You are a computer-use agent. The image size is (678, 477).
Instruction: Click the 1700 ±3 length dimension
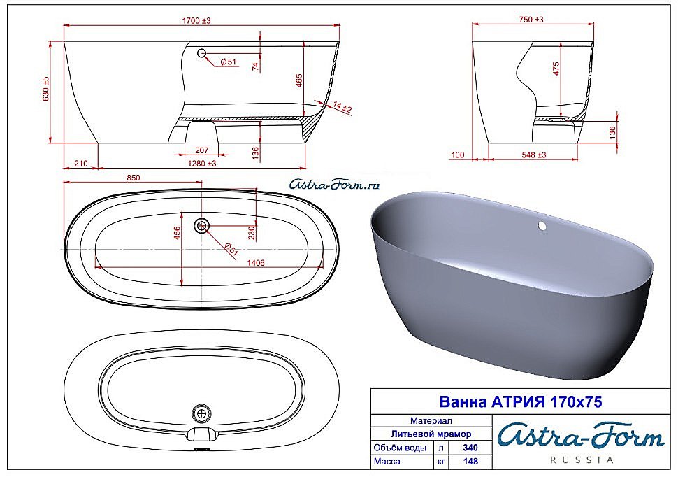coord(196,21)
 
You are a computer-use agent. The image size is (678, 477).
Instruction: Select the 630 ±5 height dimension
coord(46,89)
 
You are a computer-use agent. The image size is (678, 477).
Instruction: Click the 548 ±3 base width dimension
coord(533,155)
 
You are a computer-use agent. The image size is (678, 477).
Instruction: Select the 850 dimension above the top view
coord(133,178)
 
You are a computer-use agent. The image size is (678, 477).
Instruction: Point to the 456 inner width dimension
coord(177,232)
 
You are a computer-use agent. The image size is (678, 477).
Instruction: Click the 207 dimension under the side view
coord(202,150)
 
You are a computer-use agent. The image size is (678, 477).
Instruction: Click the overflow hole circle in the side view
coord(202,53)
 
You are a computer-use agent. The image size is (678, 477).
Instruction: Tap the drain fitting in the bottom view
coord(203,413)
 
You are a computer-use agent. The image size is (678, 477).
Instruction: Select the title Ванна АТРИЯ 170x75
coord(520,402)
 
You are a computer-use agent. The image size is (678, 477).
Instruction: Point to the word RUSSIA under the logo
coord(582,460)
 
